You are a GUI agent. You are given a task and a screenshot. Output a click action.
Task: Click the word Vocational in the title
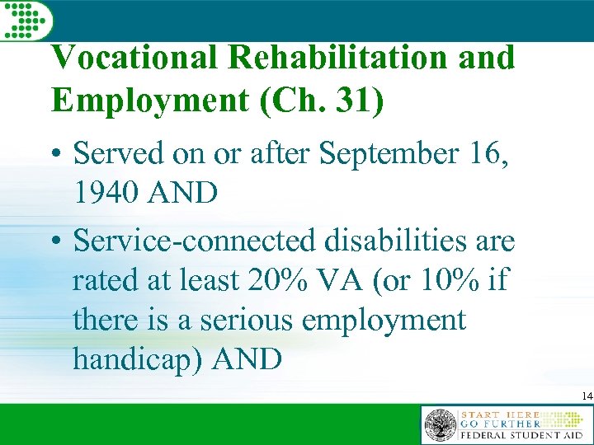pos(133,59)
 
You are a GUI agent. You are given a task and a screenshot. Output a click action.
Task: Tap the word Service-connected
pos(195,241)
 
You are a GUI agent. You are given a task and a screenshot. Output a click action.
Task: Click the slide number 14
pos(586,397)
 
